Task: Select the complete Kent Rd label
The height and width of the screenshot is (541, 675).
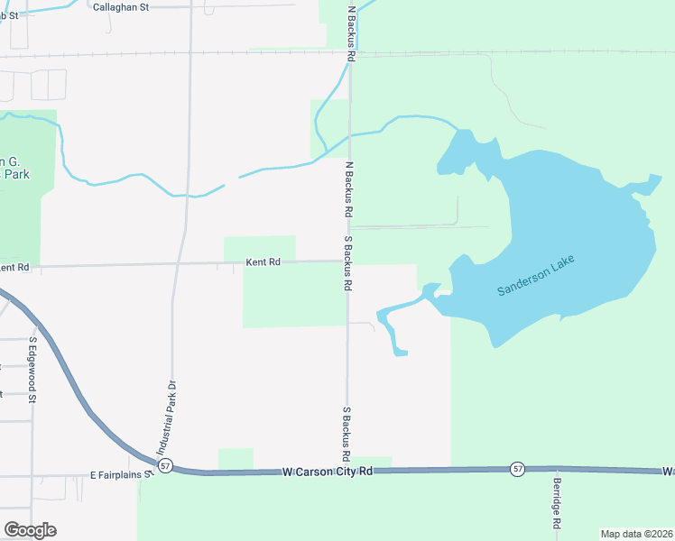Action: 264,261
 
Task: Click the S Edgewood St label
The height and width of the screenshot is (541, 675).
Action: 32,371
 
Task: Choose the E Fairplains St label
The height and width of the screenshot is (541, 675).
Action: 116,473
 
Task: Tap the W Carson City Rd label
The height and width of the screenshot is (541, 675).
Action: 327,471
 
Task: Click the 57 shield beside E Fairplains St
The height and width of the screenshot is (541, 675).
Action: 164,465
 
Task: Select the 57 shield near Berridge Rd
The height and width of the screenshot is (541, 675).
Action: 516,468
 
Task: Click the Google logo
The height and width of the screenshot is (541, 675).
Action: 30,530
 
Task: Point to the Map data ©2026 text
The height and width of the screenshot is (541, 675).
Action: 635,534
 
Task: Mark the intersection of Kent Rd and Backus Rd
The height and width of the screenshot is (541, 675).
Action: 349,261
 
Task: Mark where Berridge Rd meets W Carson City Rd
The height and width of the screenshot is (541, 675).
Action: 557,469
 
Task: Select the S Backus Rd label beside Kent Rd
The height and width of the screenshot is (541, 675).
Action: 347,263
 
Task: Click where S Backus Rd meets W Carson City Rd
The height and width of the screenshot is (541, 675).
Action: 348,470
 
